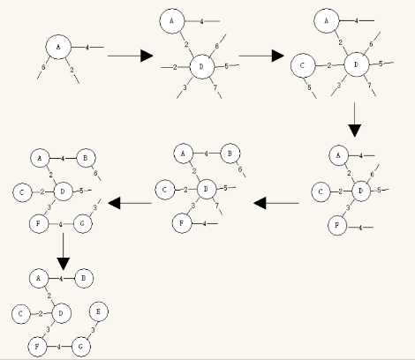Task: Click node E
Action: click(x=100, y=311)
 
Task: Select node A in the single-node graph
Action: click(x=57, y=47)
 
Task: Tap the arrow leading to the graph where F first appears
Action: click(x=354, y=119)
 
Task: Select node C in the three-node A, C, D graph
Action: click(x=304, y=64)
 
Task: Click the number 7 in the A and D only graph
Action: click(x=214, y=85)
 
